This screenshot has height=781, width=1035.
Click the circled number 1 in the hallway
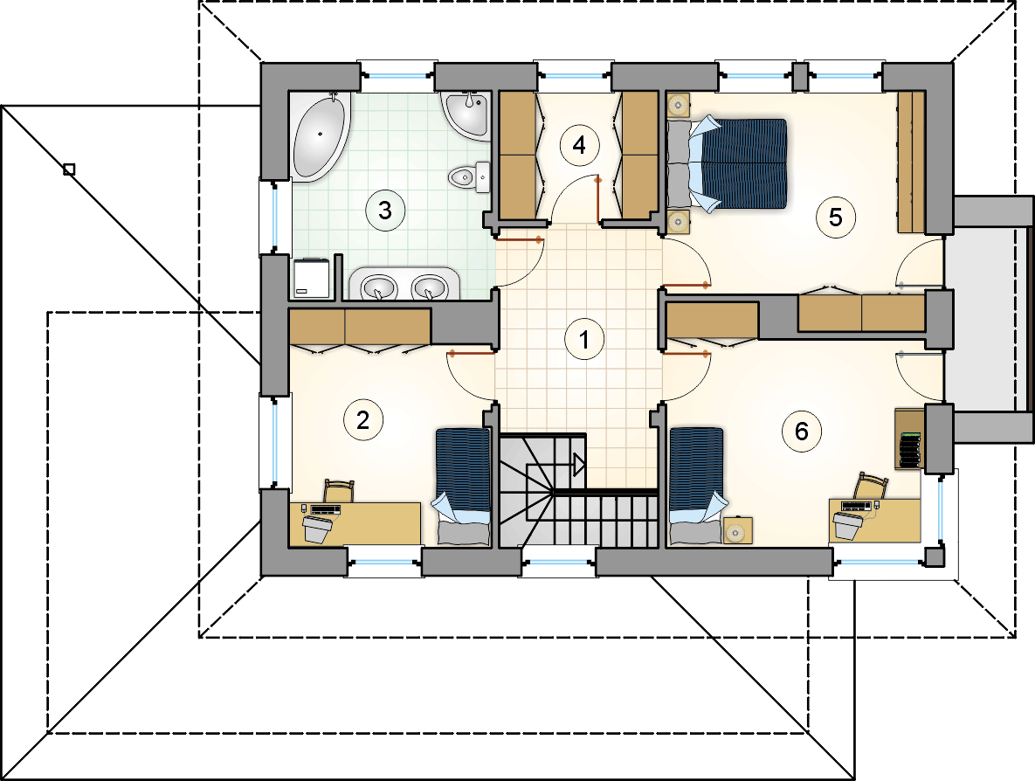point(584,339)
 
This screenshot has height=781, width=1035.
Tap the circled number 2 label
point(362,419)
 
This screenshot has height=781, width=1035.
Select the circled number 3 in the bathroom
point(385,211)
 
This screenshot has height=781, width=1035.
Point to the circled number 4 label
point(579,144)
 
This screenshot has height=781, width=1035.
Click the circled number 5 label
point(836,218)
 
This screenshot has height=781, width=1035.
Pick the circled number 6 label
point(801,431)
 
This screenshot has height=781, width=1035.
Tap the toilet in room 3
point(469,177)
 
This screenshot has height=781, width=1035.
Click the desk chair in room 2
point(339,490)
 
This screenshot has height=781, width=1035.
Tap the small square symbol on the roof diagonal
point(69,169)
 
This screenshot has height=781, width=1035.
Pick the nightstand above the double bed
point(678,104)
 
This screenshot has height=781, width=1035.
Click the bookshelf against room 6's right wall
point(908,439)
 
